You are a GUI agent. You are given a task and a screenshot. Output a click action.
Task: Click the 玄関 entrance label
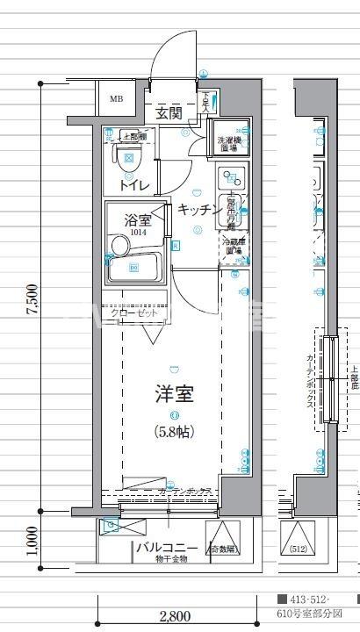click(169, 112)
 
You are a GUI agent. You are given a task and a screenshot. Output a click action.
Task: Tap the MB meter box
click(116, 98)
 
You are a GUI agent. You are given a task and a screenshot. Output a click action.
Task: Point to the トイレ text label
click(133, 184)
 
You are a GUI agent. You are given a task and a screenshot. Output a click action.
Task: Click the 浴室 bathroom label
click(138, 219)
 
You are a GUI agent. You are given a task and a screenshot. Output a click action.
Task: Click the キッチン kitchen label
click(199, 209)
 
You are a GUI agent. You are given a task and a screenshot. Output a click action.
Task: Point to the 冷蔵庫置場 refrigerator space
click(233, 246)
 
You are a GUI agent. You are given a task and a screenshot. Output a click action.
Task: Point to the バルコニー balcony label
click(158, 549)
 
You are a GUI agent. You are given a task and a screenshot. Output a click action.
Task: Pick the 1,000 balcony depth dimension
click(32, 542)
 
